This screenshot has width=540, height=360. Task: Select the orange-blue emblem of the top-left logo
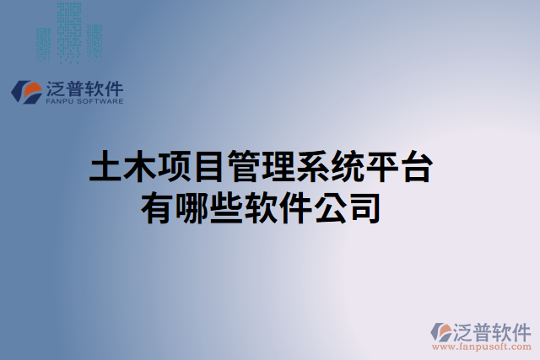(29, 92)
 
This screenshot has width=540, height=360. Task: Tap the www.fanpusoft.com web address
(480, 346)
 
